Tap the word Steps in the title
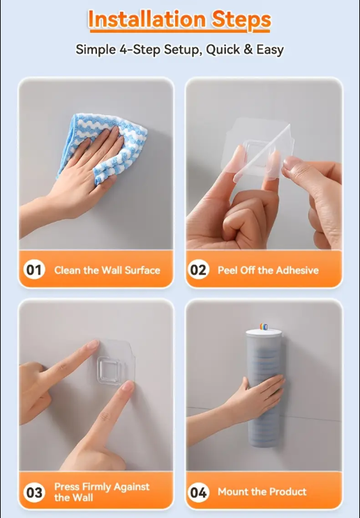241,20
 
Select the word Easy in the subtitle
270,50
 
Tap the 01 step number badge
34,270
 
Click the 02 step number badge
198,270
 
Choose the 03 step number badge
34,492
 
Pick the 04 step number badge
198,492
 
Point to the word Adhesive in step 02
297,271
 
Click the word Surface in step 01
142,271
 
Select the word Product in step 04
287,492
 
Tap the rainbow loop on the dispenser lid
264,327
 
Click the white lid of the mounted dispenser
264,333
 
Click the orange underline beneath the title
180,31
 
